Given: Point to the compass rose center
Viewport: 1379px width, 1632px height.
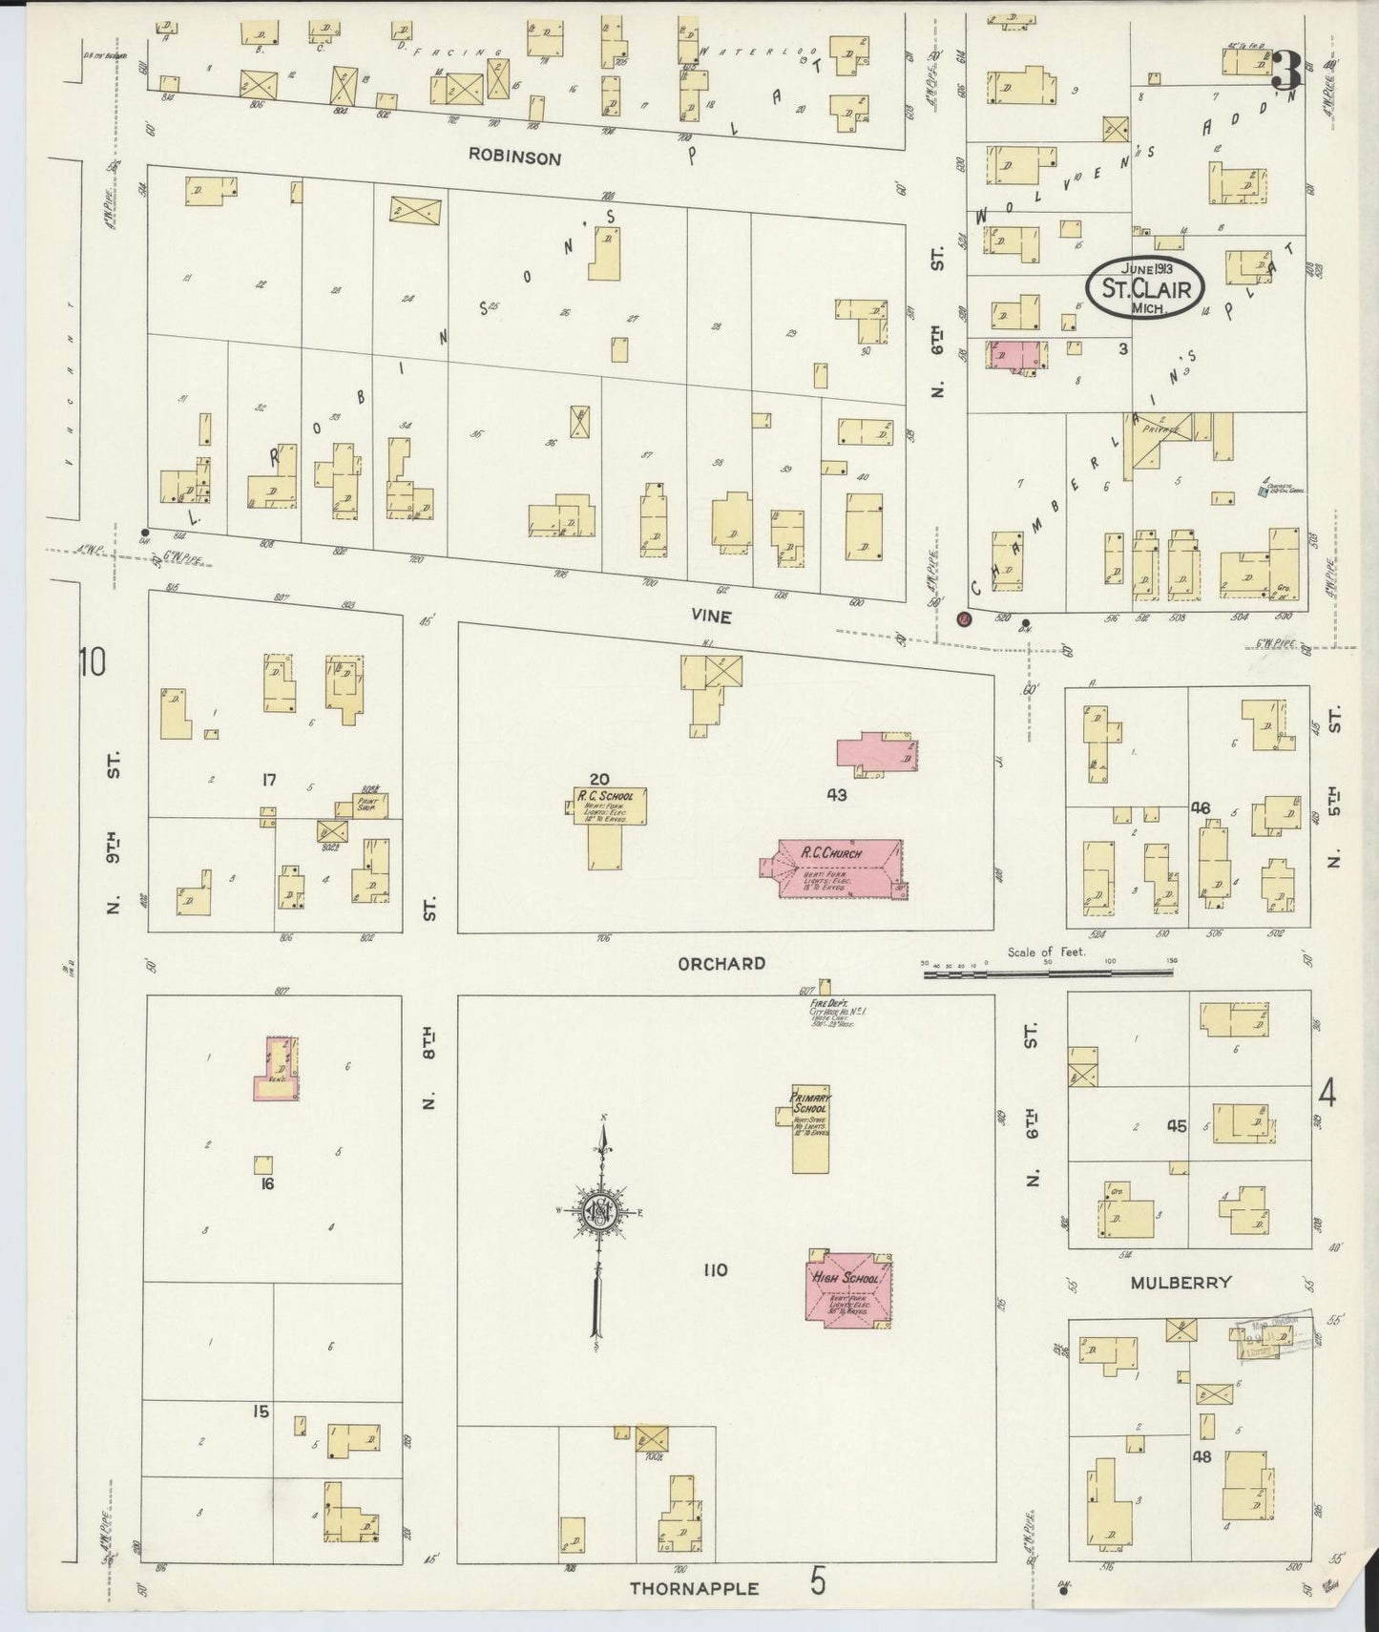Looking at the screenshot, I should click(601, 1212).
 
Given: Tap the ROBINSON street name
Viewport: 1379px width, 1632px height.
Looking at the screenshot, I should click(513, 158).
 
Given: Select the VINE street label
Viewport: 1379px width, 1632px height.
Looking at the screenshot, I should click(712, 617).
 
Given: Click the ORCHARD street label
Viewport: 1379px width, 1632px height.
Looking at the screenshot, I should click(721, 963).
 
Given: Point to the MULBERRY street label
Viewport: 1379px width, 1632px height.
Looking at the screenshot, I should click(1181, 1282).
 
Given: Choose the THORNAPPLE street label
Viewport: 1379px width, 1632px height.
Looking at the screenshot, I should click(694, 1589).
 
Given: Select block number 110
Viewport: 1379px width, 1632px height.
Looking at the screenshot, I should click(715, 1269).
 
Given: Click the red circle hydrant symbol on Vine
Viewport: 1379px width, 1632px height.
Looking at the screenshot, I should click(964, 618).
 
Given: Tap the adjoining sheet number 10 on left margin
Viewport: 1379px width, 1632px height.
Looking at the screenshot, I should click(93, 660).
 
